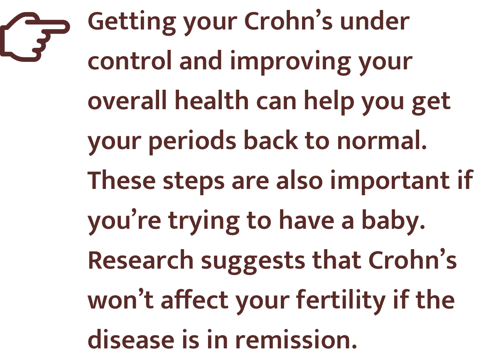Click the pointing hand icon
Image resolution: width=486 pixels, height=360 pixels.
[35, 37]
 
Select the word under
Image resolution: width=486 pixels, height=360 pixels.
[375, 21]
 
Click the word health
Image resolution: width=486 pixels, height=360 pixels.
[212, 100]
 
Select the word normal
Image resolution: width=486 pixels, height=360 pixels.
[382, 140]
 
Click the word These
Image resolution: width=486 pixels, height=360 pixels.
[122, 180]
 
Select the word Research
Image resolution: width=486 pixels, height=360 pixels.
[141, 260]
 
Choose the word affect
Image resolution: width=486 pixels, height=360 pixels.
[195, 299]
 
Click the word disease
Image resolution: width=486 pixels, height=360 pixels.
[131, 340]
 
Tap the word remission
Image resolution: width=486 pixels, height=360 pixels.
[296, 340]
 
